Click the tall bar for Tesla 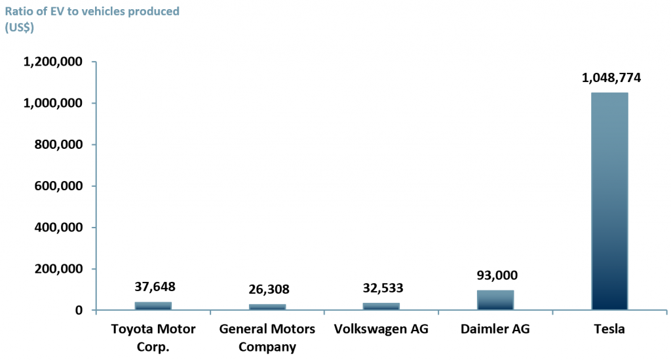coord(609,201)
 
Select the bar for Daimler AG coord(495,300)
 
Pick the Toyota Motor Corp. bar coord(153,306)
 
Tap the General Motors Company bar coord(267,307)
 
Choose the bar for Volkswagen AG coord(381,306)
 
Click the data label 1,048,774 coord(611,78)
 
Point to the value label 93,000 coord(496,275)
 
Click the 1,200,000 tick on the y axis coord(52,62)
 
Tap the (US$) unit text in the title coord(20,28)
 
